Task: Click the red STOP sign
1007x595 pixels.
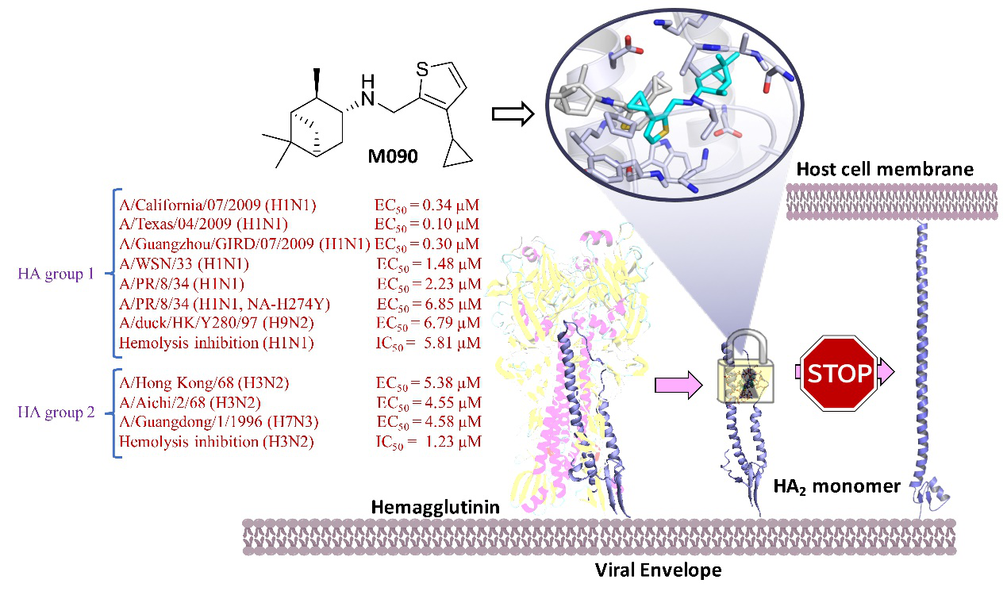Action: point(838,372)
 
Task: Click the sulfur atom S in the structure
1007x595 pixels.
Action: point(423,70)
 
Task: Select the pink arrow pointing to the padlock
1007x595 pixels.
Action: point(679,386)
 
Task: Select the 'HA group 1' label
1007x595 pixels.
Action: point(56,274)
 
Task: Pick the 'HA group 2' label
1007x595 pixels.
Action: point(56,412)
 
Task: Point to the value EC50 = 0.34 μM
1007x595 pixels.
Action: point(428,205)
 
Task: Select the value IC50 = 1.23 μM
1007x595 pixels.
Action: point(428,441)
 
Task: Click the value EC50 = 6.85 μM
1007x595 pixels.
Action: point(428,304)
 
